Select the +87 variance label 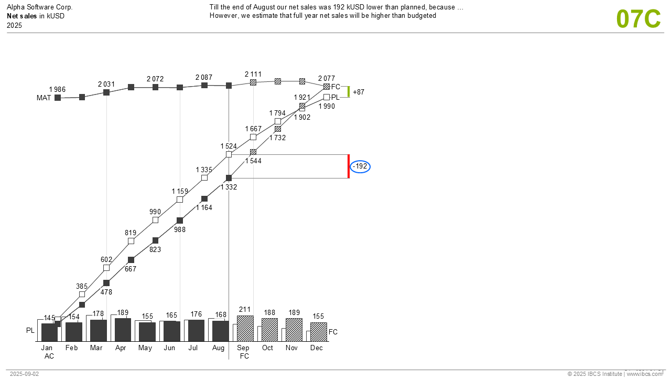(359, 92)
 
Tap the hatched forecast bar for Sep (245, 328)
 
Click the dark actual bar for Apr (123, 330)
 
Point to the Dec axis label (317, 348)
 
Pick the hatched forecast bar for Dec (319, 332)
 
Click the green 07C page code (638, 19)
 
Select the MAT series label (44, 98)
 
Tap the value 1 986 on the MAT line (57, 89)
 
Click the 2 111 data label (253, 75)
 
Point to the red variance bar (349, 166)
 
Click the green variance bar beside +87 (349, 92)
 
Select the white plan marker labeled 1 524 (229, 154)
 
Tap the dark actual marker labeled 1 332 (229, 178)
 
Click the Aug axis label (219, 348)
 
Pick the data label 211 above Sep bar (245, 310)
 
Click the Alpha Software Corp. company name (40, 7)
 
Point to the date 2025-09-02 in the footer (24, 374)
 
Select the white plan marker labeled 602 (106, 268)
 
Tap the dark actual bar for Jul (196, 331)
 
